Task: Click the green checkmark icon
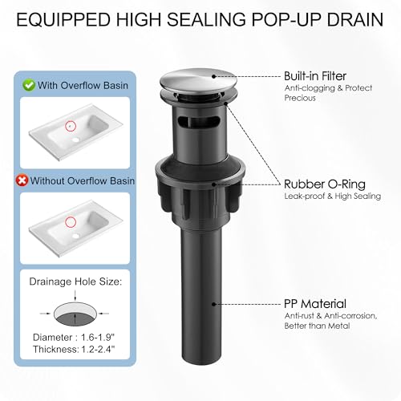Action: coord(29,86)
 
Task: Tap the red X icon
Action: coord(22,180)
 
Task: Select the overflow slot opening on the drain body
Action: coord(198,121)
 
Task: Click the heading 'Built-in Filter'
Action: coord(315,76)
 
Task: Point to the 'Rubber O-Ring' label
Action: coord(325,184)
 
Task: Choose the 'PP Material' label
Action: coord(315,304)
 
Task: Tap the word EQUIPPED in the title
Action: coord(63,19)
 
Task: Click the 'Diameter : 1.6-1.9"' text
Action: coord(74,338)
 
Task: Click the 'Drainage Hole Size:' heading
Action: coord(75,282)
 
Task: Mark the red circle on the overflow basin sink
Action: coord(71,125)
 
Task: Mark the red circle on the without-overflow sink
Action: coord(71,221)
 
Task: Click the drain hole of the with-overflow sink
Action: coord(77,140)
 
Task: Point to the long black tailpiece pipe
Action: coord(202,294)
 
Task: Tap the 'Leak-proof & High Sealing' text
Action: coord(333,196)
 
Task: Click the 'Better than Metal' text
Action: coord(317,326)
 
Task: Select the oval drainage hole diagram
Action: coord(75,314)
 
